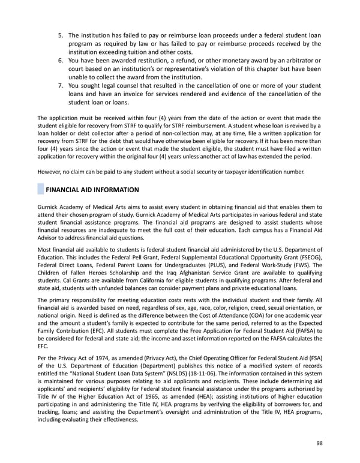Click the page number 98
pos(318,443)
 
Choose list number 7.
pos(61,85)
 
